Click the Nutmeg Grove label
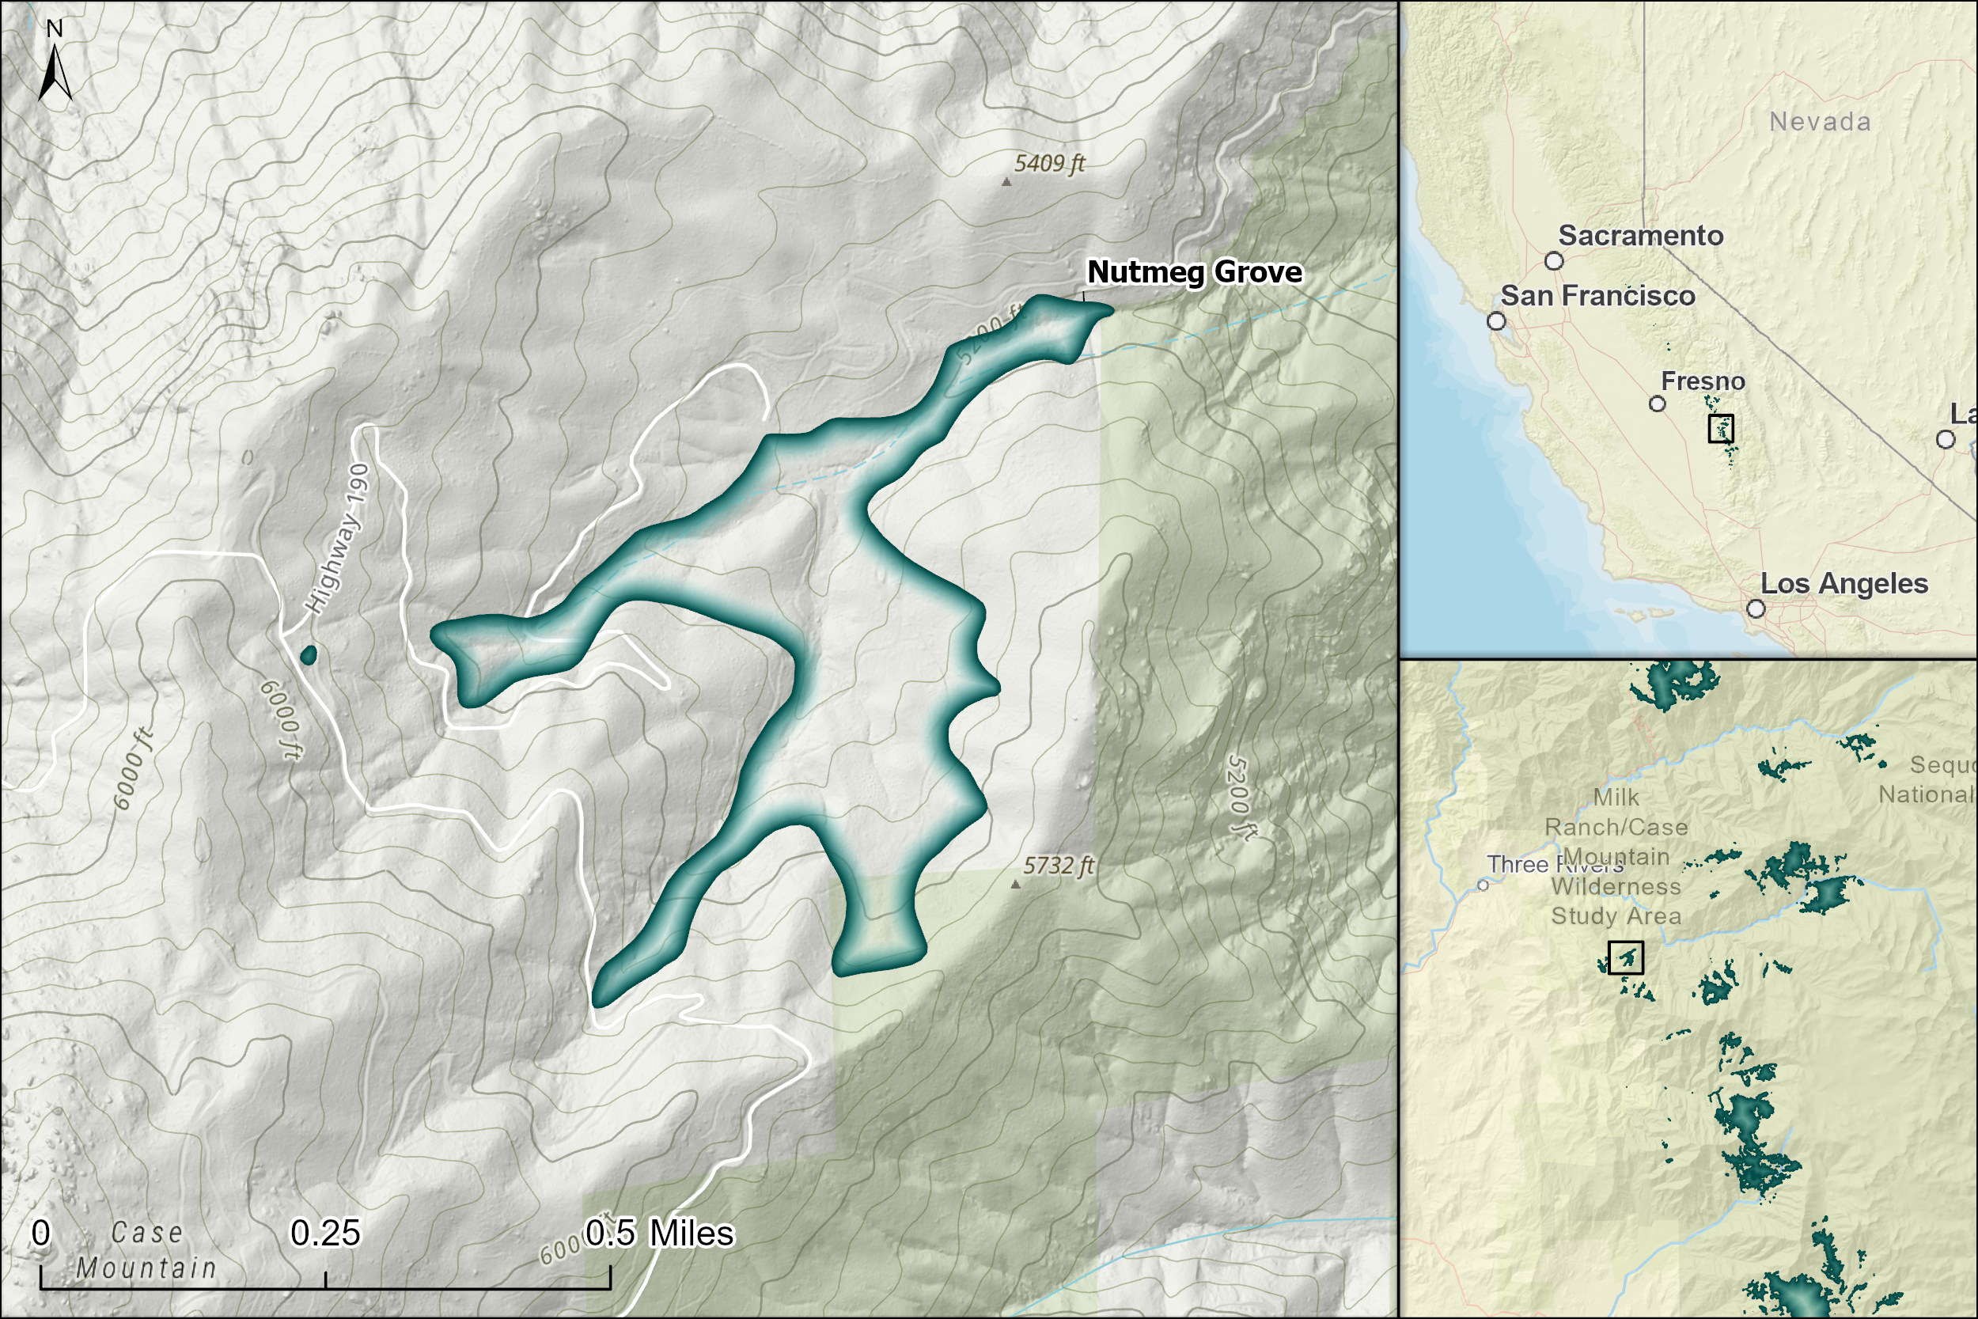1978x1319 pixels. point(1194,271)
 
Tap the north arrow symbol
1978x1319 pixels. point(55,70)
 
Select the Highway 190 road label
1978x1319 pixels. point(337,539)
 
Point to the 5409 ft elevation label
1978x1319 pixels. point(1050,163)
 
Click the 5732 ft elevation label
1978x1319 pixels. point(1058,866)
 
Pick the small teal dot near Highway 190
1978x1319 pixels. point(309,654)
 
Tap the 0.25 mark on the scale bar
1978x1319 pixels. point(324,1234)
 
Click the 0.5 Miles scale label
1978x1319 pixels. point(659,1234)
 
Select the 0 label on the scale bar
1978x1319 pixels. point(40,1234)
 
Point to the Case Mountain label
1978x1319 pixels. point(146,1250)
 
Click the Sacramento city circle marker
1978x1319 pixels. point(1554,261)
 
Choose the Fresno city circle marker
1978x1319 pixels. point(1658,404)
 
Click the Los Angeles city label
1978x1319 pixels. point(1843,583)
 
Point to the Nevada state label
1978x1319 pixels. point(1820,122)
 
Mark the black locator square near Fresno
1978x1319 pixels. point(1722,428)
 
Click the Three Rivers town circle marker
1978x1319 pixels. point(1483,885)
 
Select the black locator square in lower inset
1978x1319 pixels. point(1626,957)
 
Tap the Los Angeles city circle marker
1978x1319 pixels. point(1756,608)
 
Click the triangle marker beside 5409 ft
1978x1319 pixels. point(1006,181)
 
